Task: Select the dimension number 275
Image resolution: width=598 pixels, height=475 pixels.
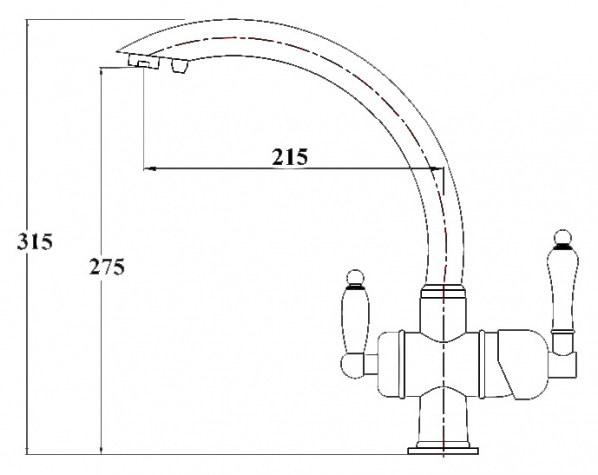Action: click(108, 269)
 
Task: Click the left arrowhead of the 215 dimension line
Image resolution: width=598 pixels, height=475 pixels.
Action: click(150, 169)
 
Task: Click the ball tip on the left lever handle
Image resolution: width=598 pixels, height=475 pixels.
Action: click(352, 277)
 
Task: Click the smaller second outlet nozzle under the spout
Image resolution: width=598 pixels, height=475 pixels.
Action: click(179, 68)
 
